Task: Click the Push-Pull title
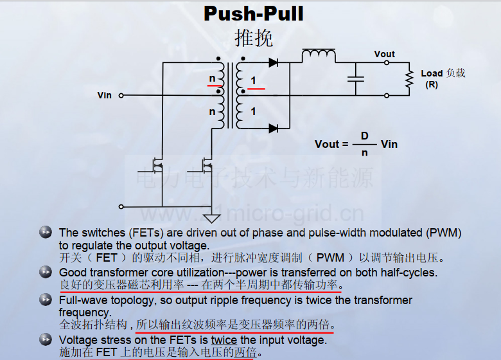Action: tap(253, 14)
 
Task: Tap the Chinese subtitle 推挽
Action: tap(254, 38)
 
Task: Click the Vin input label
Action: tap(105, 95)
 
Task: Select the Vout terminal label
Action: tap(384, 54)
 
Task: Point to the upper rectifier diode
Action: tap(274, 62)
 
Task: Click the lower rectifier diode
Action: tap(274, 129)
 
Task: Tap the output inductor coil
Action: tap(319, 55)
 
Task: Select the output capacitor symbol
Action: tap(356, 79)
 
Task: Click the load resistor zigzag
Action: tap(409, 79)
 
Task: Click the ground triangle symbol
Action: tap(211, 219)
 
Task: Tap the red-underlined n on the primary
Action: tap(212, 78)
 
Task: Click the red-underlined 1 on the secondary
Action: tap(253, 80)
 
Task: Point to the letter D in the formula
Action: tap(365, 136)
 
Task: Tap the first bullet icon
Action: tap(46, 232)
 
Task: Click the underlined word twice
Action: tap(224, 340)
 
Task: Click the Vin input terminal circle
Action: tap(121, 95)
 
